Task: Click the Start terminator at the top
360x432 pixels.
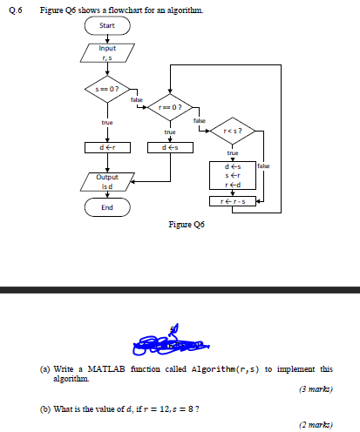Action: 107,25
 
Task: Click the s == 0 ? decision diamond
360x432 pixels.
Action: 107,89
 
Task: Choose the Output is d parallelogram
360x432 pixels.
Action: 107,181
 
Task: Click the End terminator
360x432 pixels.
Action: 107,207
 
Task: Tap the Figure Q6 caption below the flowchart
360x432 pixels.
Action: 186,224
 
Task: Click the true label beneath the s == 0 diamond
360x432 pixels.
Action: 107,123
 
